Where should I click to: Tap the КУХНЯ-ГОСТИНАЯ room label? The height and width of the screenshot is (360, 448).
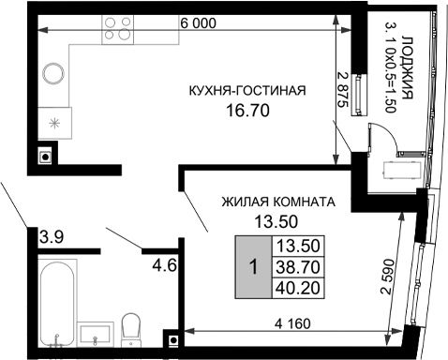(x=247, y=91)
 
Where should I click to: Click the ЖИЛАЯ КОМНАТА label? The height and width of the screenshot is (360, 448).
(x=278, y=202)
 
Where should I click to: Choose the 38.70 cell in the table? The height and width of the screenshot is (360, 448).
(x=296, y=267)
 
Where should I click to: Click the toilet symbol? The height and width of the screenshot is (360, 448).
(x=131, y=328)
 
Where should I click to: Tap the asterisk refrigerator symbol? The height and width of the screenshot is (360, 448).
(x=53, y=122)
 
